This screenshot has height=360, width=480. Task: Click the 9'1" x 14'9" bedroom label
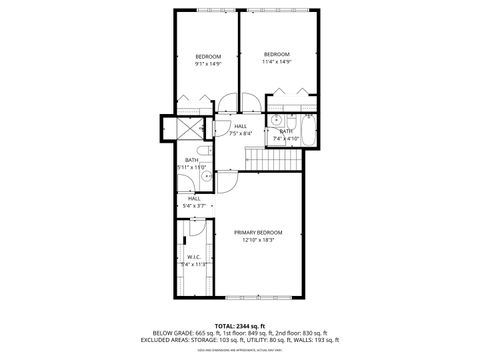coord(207,55)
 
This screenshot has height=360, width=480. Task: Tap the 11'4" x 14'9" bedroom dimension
coord(277,62)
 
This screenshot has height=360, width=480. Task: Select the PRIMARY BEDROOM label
coord(258,232)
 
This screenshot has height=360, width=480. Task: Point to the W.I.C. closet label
coord(194,256)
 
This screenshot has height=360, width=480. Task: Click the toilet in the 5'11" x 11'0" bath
coord(204,177)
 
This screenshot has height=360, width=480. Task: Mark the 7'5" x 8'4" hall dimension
coord(240,133)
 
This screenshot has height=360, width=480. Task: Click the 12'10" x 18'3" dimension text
coord(258,240)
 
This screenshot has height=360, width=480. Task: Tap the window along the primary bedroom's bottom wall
coord(262,298)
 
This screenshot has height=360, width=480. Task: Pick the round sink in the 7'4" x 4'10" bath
coord(275,117)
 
